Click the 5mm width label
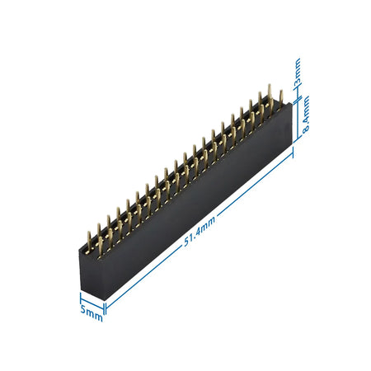click(x=92, y=312)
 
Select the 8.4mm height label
click(x=304, y=120)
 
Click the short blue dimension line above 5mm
click(x=92, y=298)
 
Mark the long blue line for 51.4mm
click(x=198, y=228)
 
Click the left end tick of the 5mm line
click(x=80, y=293)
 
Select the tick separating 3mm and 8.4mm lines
click(x=295, y=92)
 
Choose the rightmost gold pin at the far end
click(x=280, y=97)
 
